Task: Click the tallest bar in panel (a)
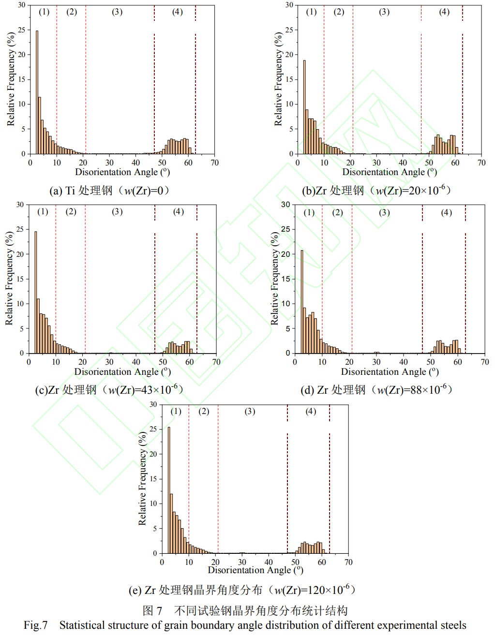coord(37,92)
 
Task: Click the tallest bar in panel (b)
coord(304,107)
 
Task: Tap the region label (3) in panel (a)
coord(117,12)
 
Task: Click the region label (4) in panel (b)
coord(444,12)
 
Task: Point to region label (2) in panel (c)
coord(71,211)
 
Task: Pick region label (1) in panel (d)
coord(309,212)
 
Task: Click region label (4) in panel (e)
coord(311,411)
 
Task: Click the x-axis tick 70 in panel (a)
coord(214,163)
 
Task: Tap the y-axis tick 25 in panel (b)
coord(289,30)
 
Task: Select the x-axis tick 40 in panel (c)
coord(136,362)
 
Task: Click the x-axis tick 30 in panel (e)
coord(242,562)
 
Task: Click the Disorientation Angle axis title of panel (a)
coord(122,172)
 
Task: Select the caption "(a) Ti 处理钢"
coord(109,191)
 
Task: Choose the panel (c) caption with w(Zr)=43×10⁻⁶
coord(109,390)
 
